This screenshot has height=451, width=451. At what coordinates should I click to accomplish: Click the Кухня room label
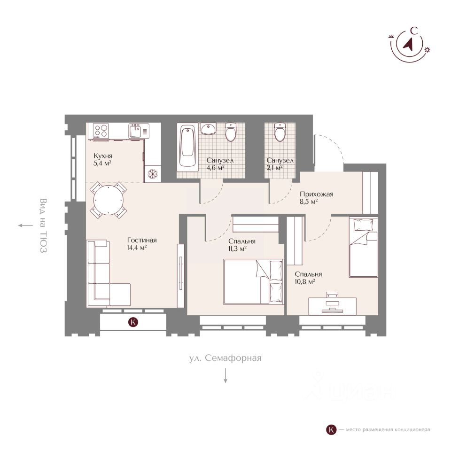103,156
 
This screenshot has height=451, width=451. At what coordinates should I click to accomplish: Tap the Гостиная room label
142,240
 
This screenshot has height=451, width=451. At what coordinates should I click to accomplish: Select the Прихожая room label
316,194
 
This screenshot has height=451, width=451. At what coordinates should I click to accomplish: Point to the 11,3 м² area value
237,249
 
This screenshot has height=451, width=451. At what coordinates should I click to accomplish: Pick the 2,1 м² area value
275,168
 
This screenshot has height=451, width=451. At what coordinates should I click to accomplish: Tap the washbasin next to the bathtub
209,129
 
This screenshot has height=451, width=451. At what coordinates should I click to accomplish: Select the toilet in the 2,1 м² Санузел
280,132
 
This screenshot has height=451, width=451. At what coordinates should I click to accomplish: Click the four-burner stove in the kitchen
101,130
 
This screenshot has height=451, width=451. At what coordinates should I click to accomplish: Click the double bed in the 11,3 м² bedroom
253,281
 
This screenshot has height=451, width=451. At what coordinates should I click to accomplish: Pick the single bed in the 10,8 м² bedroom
363,247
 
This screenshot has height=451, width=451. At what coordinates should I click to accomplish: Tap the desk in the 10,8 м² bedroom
332,306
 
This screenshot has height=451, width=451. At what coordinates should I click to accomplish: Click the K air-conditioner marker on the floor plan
133,322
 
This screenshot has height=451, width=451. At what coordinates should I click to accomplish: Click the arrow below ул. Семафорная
226,375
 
